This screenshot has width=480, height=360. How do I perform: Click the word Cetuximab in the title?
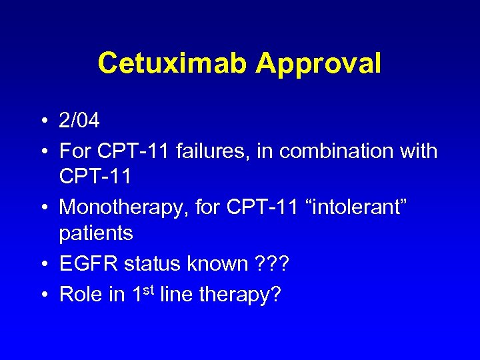(172, 63)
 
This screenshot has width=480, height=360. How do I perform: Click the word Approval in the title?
(318, 63)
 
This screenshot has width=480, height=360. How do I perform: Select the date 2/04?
(79, 121)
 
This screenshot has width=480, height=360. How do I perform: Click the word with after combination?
(418, 151)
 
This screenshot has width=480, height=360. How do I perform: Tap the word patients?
(96, 233)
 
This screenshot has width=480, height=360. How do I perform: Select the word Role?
(80, 293)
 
